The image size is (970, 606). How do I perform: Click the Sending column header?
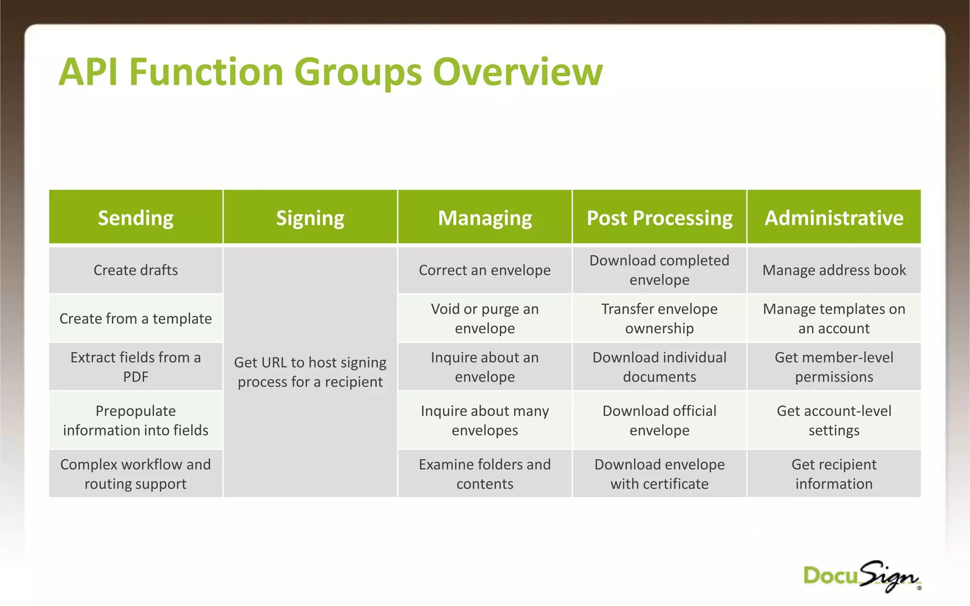[135, 218]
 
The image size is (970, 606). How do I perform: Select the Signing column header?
[310, 218]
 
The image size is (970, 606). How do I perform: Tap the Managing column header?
[485, 218]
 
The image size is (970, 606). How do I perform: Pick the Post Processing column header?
[659, 218]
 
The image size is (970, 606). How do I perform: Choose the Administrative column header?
[834, 218]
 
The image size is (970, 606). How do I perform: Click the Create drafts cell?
[135, 270]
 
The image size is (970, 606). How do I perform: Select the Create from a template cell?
[135, 319]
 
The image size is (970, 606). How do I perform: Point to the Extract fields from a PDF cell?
[135, 367]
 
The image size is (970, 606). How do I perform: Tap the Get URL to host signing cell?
[310, 372]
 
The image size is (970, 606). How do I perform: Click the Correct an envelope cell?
[485, 270]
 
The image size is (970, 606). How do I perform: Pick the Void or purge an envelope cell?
[485, 319]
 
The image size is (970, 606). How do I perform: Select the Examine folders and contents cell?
[485, 474]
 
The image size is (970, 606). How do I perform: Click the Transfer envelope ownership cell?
[659, 319]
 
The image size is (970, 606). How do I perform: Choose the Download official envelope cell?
[659, 420]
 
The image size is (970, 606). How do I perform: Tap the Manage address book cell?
[834, 270]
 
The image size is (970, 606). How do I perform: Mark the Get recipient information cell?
[834, 474]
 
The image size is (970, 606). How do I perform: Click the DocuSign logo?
[862, 577]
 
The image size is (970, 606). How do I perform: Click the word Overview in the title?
[517, 72]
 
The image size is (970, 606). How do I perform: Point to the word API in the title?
[88, 72]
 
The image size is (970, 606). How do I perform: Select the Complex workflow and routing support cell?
[135, 474]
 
